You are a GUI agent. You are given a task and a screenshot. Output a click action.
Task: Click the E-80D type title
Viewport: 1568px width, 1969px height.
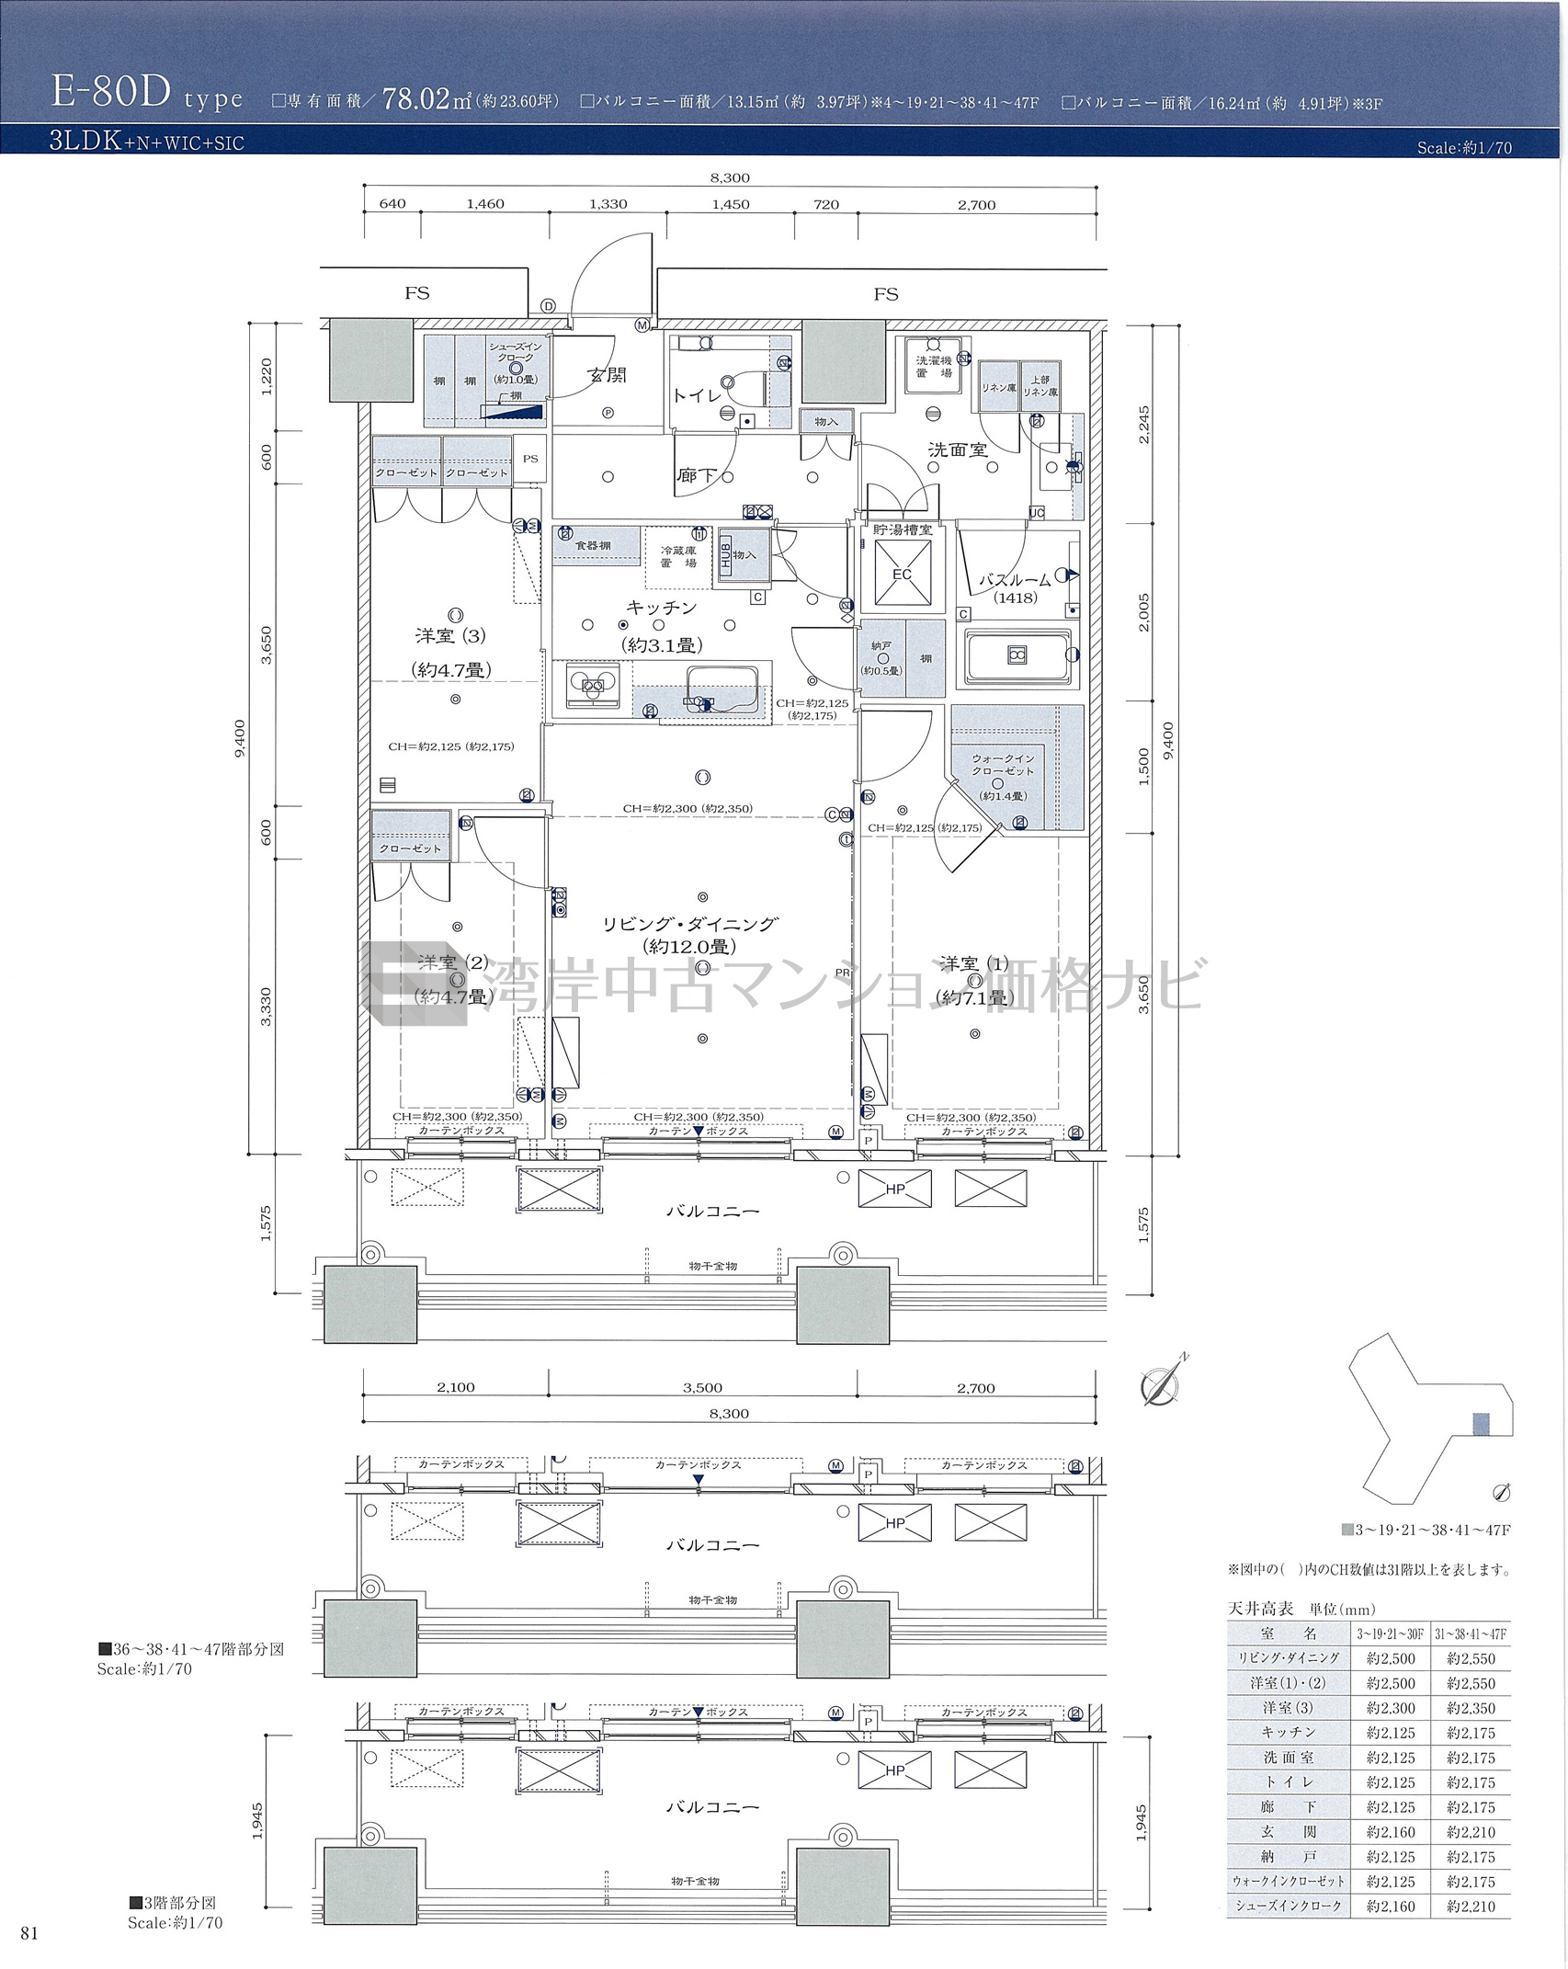(x=147, y=94)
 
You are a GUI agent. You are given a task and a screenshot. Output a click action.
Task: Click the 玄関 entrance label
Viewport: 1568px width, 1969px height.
(x=607, y=375)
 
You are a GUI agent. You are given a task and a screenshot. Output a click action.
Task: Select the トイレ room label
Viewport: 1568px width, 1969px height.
(x=697, y=395)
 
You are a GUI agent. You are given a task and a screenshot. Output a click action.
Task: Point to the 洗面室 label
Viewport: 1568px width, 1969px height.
(x=957, y=450)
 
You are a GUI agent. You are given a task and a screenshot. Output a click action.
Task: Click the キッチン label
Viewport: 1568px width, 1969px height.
(x=661, y=608)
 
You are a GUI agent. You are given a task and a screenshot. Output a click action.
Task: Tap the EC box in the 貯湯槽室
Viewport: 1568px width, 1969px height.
(x=902, y=575)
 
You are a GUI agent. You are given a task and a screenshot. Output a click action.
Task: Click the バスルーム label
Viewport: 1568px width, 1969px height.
(x=1014, y=581)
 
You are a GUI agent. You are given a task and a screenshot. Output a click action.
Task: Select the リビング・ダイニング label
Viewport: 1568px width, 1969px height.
(x=690, y=924)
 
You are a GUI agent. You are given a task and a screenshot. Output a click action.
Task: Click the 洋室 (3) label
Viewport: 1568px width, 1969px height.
(x=450, y=635)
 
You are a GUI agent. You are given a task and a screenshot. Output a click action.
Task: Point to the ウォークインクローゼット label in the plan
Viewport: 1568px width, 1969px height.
(x=1003, y=765)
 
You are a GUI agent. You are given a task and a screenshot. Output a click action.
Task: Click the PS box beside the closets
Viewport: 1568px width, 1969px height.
(x=530, y=459)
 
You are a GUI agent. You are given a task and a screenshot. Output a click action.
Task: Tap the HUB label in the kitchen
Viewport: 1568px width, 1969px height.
(x=726, y=554)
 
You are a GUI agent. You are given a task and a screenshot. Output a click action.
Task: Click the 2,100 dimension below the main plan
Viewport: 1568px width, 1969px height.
(x=456, y=1387)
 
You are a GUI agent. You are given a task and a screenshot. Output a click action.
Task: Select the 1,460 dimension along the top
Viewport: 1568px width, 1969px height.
(x=484, y=204)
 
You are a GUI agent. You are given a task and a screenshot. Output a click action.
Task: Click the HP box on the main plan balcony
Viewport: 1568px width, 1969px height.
(x=895, y=1189)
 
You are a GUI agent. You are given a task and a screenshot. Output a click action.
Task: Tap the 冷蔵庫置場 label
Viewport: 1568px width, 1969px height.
(x=678, y=557)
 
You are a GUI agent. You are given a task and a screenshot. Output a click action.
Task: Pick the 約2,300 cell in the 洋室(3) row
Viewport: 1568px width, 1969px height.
(x=1391, y=1708)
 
